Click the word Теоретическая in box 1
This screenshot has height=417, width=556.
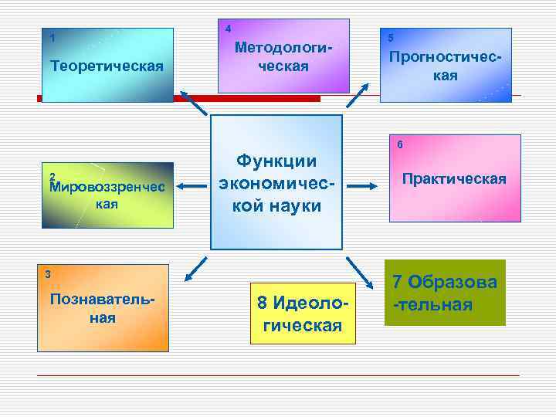[107, 66]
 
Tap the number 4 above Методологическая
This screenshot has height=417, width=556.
[228, 29]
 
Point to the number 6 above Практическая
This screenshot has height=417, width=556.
[399, 144]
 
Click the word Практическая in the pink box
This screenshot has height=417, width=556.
[454, 179]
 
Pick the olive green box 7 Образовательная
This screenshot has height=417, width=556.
[445, 293]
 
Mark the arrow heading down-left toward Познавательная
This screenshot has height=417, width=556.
[197, 266]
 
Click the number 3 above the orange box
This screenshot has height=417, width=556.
[48, 274]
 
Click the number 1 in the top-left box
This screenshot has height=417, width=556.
[52, 38]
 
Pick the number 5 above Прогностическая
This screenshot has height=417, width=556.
[391, 38]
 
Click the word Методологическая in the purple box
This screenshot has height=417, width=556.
[283, 57]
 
